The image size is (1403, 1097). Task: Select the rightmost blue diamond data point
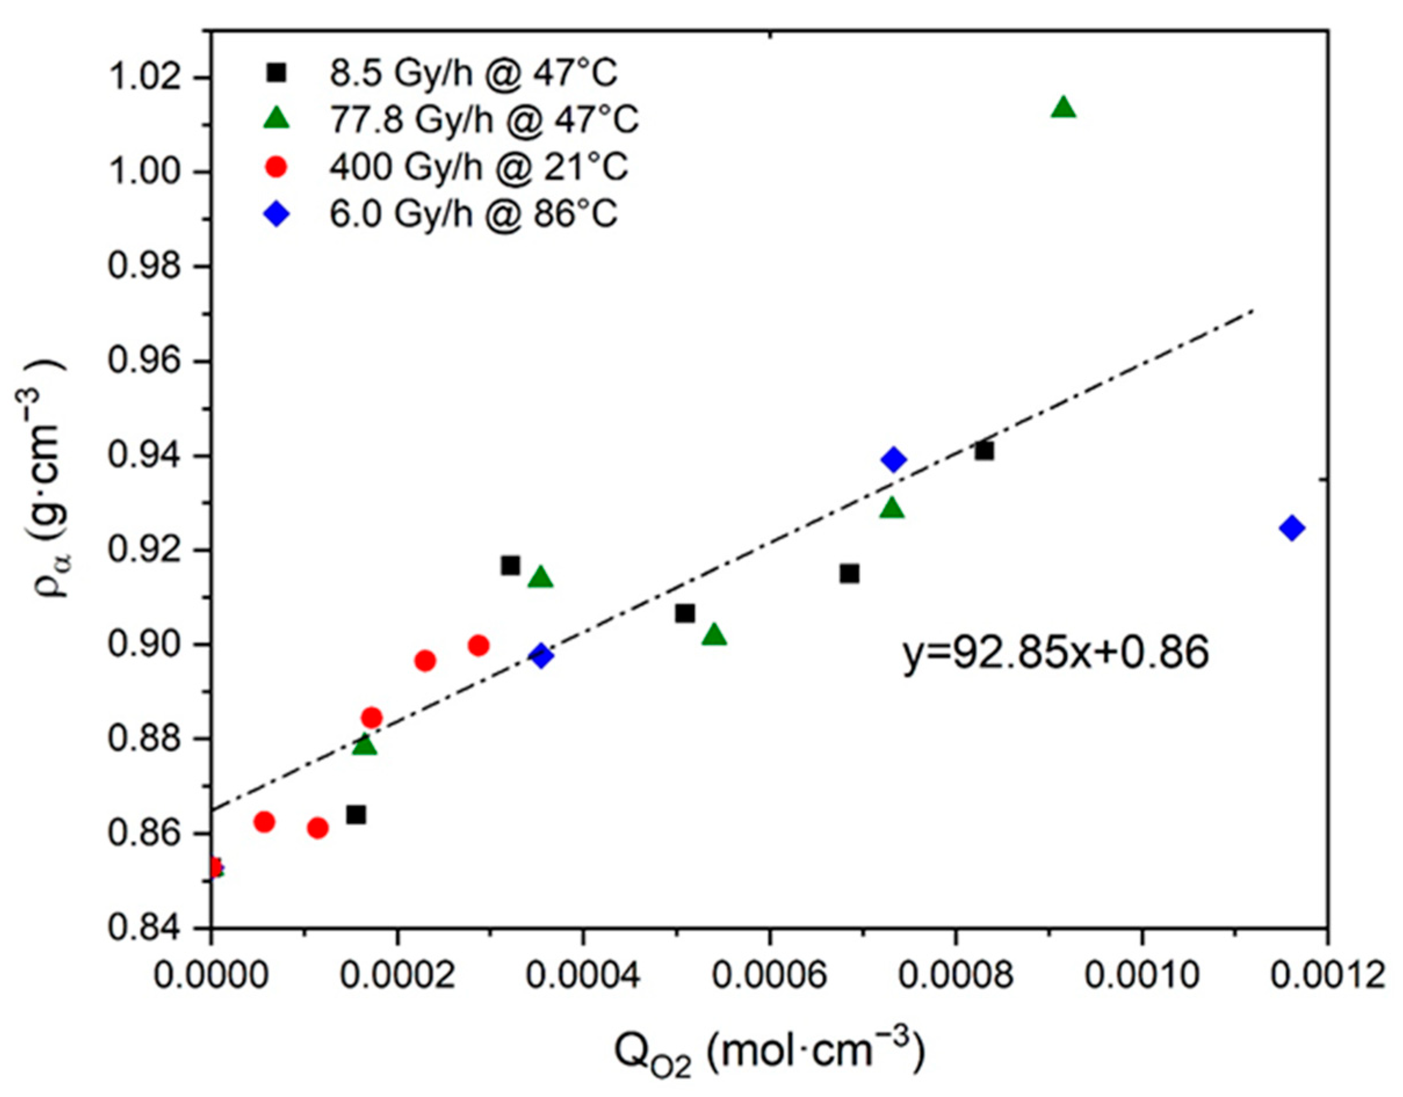click(x=1292, y=529)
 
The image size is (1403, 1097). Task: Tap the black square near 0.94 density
click(x=983, y=452)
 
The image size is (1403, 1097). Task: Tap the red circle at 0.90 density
click(x=478, y=645)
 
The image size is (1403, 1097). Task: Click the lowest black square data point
click(x=356, y=815)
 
